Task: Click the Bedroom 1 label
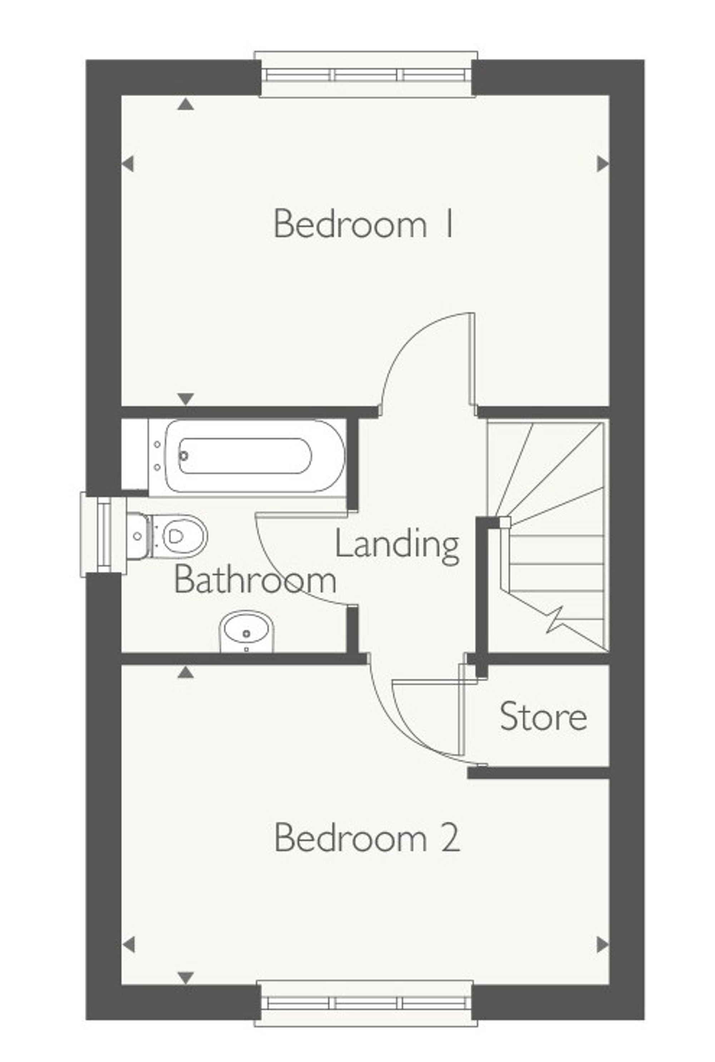pos(364,223)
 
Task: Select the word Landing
pos(397,545)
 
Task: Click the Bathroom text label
pos(255,580)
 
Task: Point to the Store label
pos(543,717)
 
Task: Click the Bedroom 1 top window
pos(365,75)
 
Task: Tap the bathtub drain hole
pos(184,456)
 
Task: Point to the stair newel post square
pos(505,522)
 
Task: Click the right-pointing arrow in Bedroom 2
pos(602,944)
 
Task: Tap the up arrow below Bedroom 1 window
pos(186,105)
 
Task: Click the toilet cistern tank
pos(137,536)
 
